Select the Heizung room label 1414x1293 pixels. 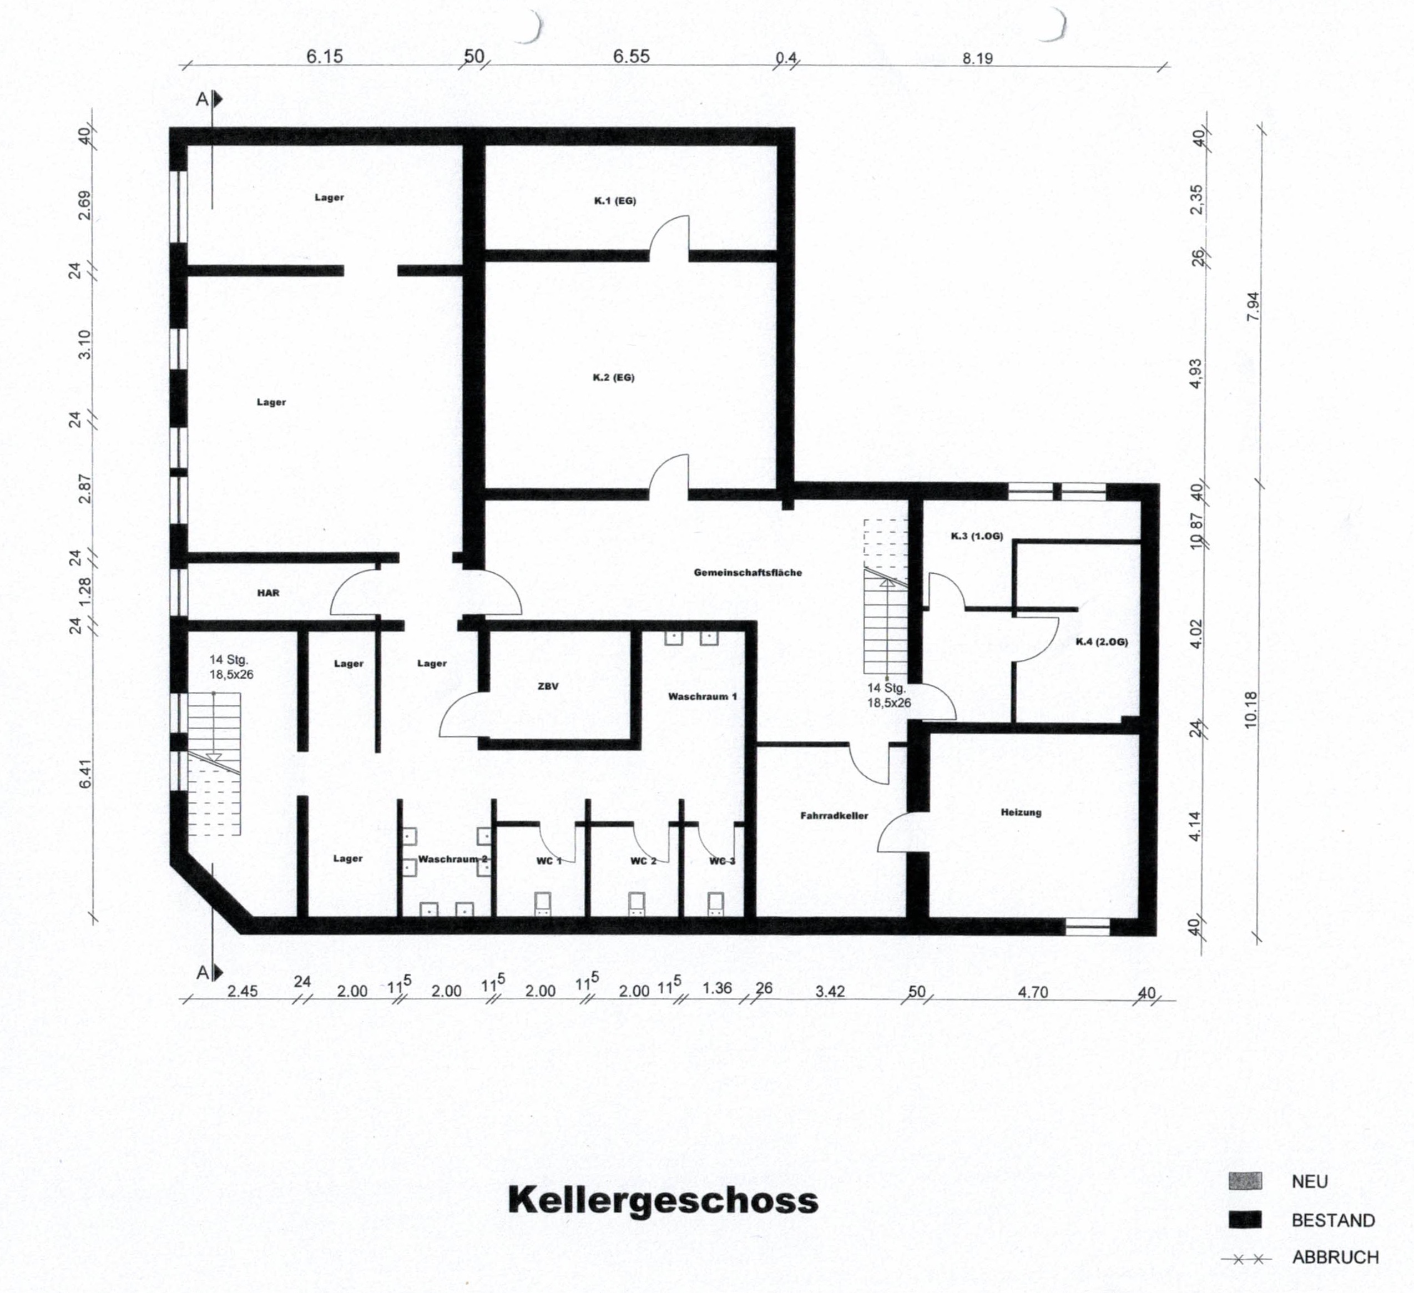click(x=1021, y=812)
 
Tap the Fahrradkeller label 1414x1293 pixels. click(x=834, y=816)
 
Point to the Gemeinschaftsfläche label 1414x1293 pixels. click(x=748, y=572)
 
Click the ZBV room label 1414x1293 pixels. click(x=548, y=686)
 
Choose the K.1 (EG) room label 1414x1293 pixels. click(x=614, y=200)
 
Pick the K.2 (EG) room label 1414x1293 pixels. click(x=614, y=377)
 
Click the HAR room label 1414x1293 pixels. click(x=268, y=593)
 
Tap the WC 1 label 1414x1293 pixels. click(x=549, y=861)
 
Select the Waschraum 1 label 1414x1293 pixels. click(x=702, y=696)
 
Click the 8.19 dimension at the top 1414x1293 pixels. click(x=977, y=59)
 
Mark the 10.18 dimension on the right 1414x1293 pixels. click(x=1251, y=710)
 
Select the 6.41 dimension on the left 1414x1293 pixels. click(x=85, y=774)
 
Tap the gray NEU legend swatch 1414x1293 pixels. click(x=1245, y=1181)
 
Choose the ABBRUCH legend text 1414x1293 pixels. click(x=1335, y=1257)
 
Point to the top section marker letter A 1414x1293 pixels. click(x=202, y=99)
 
